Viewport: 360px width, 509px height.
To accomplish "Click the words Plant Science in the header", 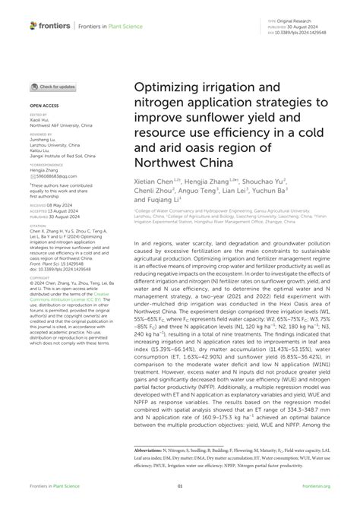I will point(125,25).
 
